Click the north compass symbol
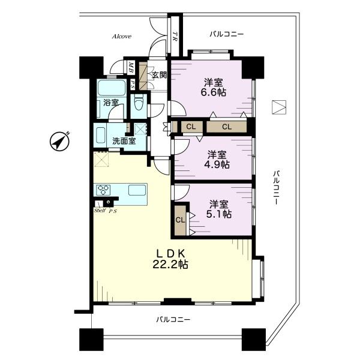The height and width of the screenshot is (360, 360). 59,142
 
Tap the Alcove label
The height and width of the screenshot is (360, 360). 122,37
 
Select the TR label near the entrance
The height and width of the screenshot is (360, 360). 175,36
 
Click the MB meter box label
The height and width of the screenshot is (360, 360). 131,67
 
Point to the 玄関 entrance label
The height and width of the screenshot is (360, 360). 160,75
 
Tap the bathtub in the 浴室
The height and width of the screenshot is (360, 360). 112,88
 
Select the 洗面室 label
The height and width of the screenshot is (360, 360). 124,141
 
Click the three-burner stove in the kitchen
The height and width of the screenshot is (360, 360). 104,190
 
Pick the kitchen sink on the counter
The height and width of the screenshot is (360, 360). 137,190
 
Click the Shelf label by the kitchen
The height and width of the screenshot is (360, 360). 100,211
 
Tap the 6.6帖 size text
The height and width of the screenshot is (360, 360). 214,92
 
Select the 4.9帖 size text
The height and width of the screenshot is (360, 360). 217,164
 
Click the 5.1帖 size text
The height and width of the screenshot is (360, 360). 219,214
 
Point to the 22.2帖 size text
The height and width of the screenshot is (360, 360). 170,265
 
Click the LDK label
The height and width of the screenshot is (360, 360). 170,253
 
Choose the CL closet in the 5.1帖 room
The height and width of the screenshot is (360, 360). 180,220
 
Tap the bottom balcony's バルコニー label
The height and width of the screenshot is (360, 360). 173,319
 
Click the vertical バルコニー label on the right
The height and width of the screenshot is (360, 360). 276,187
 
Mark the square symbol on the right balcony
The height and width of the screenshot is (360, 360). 279,107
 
